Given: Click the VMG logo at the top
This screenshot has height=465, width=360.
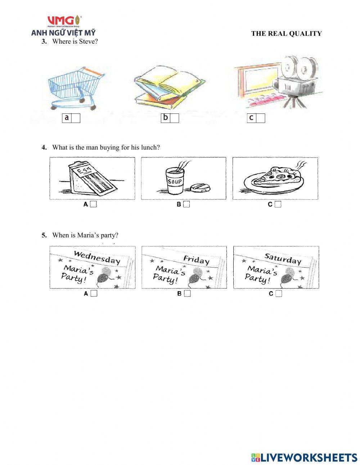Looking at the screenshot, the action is [x=64, y=21].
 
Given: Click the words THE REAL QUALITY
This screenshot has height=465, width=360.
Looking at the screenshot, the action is [x=286, y=33].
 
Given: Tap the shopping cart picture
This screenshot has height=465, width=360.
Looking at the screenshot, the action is [x=77, y=88].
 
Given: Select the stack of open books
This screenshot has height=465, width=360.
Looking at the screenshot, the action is [x=170, y=87].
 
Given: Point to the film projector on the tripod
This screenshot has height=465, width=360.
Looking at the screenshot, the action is [x=296, y=82].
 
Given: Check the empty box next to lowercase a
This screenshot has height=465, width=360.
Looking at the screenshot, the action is [x=76, y=118].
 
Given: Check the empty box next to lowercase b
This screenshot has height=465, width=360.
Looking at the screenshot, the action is [x=175, y=118].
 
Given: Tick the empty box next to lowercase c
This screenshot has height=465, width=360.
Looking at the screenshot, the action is [x=261, y=118].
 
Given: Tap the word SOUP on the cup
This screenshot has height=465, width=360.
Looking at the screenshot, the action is [x=175, y=182].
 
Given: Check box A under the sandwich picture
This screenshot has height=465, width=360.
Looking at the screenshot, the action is [x=94, y=204].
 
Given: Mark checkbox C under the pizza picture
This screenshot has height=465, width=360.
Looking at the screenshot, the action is [x=278, y=204].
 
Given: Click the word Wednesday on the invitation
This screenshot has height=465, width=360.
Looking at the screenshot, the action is [x=97, y=258].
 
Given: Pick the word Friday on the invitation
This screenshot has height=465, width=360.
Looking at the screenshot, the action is [x=196, y=260].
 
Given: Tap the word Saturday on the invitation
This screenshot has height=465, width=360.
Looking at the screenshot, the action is [x=283, y=259].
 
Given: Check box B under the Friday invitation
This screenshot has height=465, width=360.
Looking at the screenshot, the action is [x=187, y=294].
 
